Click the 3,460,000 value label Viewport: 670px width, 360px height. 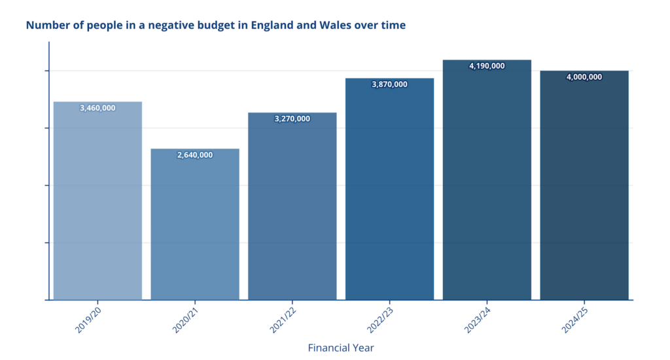(97, 108)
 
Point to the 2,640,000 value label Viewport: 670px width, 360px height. (195, 155)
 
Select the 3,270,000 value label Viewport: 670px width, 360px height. (292, 119)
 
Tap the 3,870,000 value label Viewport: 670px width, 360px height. (389, 84)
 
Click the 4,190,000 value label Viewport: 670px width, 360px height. (487, 66)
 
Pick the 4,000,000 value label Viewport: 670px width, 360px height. (584, 77)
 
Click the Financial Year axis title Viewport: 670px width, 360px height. (341, 348)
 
